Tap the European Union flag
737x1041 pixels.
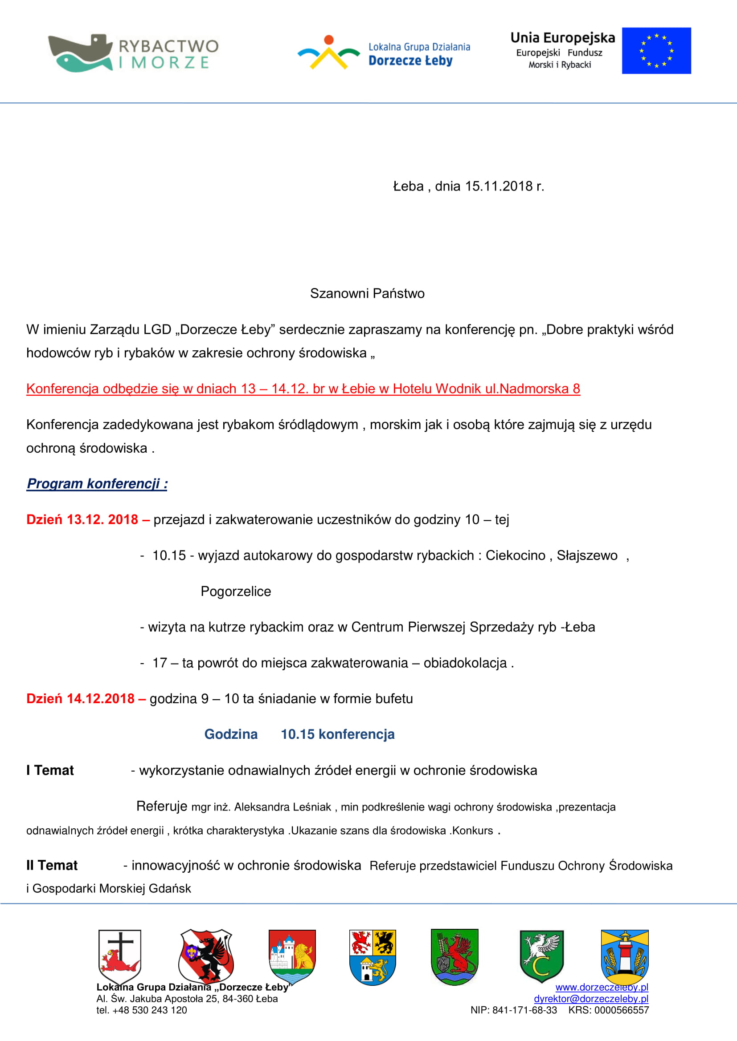(x=656, y=51)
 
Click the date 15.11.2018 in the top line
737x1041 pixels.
(x=499, y=186)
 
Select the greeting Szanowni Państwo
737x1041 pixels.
(x=367, y=294)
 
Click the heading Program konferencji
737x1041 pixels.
(x=97, y=484)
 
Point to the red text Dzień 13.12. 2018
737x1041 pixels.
(x=82, y=519)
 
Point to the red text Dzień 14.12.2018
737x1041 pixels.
(x=80, y=699)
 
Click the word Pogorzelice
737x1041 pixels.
(x=236, y=591)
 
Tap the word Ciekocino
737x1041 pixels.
(x=515, y=556)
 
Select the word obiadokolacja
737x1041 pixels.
(x=465, y=663)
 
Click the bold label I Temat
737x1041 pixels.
(x=50, y=770)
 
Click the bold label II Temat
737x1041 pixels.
(x=52, y=866)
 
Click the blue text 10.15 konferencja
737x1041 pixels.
(x=337, y=734)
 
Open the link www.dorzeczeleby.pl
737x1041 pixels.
(x=601, y=988)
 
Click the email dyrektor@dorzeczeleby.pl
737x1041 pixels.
(x=590, y=999)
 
